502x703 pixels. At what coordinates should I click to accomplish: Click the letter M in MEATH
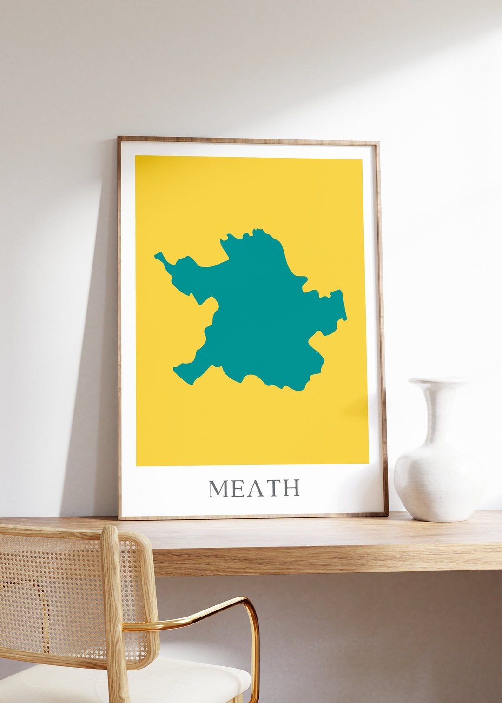218,488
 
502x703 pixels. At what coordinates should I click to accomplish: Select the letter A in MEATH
255,488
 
